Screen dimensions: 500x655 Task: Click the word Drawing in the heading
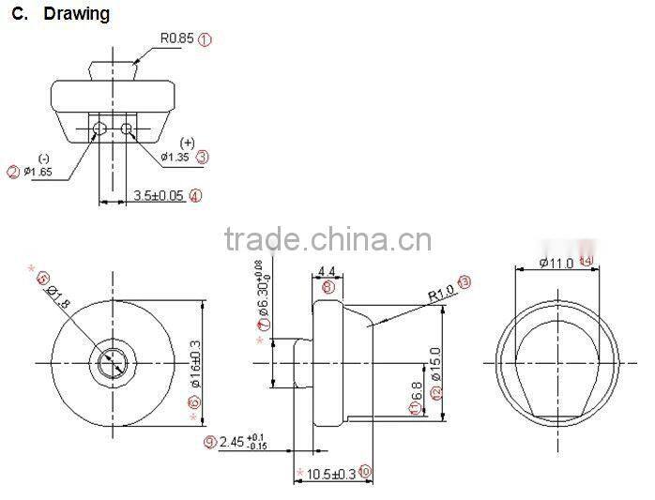76,14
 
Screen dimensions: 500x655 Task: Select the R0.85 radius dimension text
175,38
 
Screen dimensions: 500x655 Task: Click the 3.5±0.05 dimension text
159,196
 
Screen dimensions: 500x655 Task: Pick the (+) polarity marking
187,143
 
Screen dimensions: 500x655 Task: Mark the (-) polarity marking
44,158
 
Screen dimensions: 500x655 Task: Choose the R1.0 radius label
440,292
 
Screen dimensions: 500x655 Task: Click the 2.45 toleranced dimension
242,442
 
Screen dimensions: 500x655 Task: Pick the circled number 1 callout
206,38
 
